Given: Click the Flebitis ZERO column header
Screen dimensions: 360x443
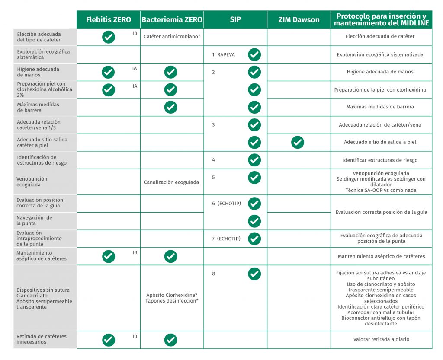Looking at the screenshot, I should pyautogui.click(x=108, y=20).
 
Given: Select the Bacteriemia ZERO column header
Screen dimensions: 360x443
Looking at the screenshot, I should pyautogui.click(x=172, y=20).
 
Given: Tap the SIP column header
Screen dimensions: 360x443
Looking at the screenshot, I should pyautogui.click(x=235, y=20).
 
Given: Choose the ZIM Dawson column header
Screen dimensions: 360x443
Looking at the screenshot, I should pyautogui.click(x=299, y=20).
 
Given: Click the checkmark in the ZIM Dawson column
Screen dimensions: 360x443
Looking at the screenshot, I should pyautogui.click(x=298, y=142).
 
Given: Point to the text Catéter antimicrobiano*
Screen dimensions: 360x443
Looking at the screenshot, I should pyautogui.click(x=172, y=37).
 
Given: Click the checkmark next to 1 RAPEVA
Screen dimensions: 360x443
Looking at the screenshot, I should pyautogui.click(x=254, y=54).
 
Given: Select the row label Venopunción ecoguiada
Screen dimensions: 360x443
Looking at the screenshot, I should pyautogui.click(x=32, y=182).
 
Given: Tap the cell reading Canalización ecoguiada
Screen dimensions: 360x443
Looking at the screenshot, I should pyautogui.click(x=172, y=182).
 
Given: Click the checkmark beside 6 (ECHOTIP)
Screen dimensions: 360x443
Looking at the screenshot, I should pyautogui.click(x=254, y=203).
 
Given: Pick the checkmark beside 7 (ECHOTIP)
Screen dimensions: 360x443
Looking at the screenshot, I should pyautogui.click(x=254, y=239).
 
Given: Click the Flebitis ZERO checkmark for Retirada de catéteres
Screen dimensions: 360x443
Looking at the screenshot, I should pyautogui.click(x=109, y=340).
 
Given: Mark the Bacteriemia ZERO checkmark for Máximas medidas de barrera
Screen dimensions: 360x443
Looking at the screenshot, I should pyautogui.click(x=171, y=107).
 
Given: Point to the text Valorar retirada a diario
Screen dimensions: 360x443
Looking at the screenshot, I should pyautogui.click(x=381, y=339).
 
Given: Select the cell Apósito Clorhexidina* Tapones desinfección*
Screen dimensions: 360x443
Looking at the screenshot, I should pyautogui.click(x=172, y=298).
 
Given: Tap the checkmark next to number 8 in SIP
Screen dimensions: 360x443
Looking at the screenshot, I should pyautogui.click(x=254, y=274).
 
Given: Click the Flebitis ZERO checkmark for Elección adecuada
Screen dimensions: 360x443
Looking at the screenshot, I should pyautogui.click(x=109, y=37).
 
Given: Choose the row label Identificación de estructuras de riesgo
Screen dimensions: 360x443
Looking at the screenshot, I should pyautogui.click(x=37, y=160).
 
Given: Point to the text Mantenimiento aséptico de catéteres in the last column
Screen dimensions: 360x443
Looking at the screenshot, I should pyautogui.click(x=381, y=256).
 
